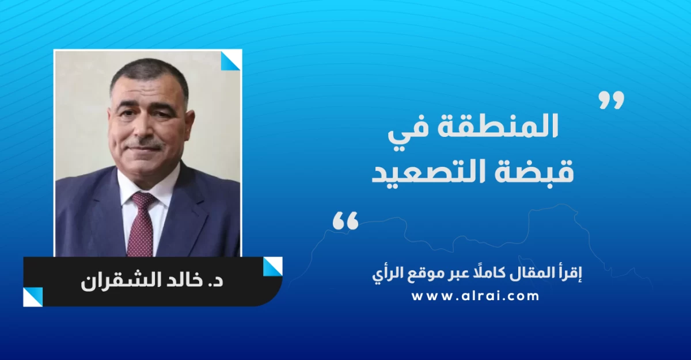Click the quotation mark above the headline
tap(612, 100)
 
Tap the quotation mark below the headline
tap(345, 220)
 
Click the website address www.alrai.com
tap(476, 296)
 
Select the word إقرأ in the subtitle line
tap(572, 274)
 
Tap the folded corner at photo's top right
tap(231, 60)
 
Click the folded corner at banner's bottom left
tap(33, 297)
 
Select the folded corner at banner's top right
tap(273, 267)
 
